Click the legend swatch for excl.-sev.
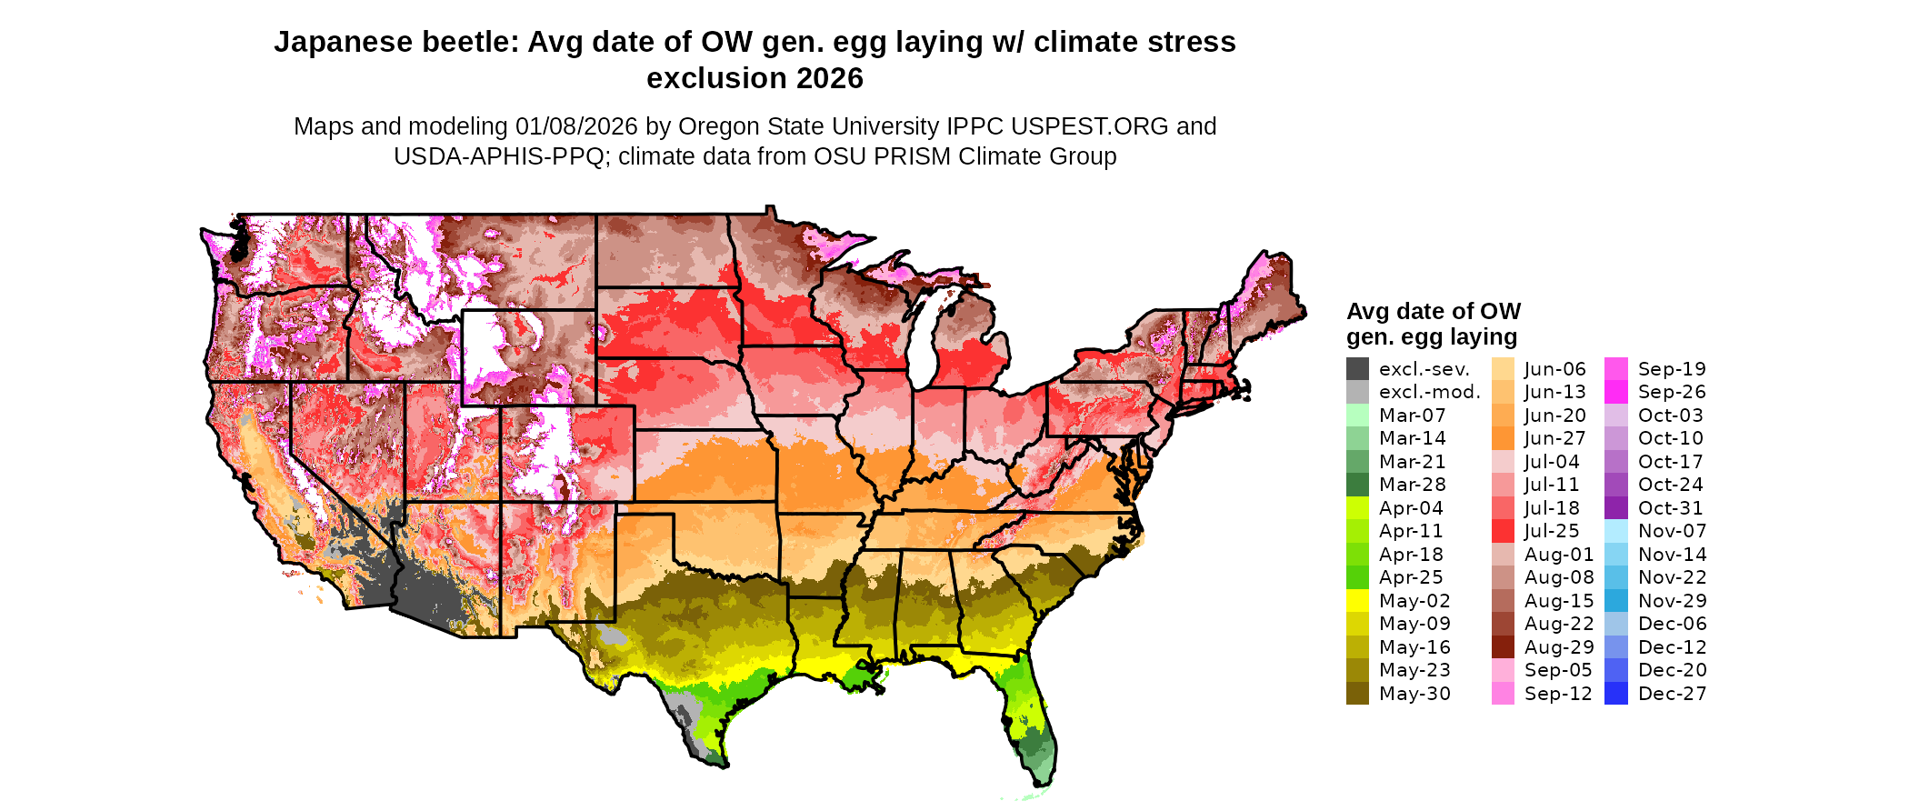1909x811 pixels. (x=1357, y=369)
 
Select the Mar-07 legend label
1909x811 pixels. (x=1412, y=416)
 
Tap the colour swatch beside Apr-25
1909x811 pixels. (x=1357, y=577)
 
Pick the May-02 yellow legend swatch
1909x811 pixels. (x=1357, y=601)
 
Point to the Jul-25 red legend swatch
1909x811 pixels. (x=1503, y=531)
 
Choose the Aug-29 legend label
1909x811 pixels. (x=1559, y=647)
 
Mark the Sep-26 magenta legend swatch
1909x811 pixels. (x=1616, y=392)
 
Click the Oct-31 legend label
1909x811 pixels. (x=1670, y=508)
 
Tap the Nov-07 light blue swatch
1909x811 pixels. (x=1616, y=531)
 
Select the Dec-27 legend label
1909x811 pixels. (x=1672, y=694)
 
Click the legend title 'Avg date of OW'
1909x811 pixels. (x=1433, y=312)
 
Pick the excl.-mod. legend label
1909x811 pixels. (x=1429, y=392)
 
